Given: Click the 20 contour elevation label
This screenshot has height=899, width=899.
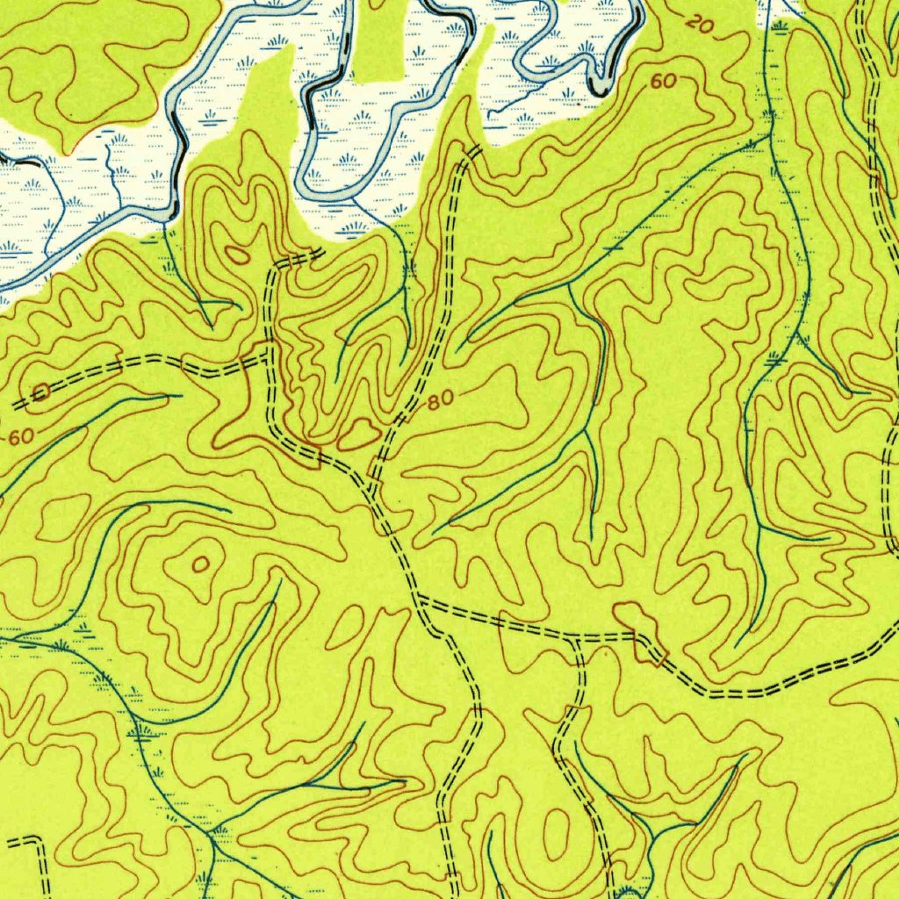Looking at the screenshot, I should [700, 24].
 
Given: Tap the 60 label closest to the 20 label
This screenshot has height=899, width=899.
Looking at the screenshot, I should [664, 82].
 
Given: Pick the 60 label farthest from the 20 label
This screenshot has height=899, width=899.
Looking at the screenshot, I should [22, 435].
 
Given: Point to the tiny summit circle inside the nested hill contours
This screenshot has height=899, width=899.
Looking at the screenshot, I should [201, 564].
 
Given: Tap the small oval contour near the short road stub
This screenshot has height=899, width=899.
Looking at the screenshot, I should [237, 255].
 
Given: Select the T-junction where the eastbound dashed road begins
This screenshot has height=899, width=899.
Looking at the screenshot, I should [418, 601].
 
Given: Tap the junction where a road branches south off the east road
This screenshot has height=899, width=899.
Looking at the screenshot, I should [577, 639].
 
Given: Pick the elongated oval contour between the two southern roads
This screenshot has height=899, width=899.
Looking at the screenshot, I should [556, 834].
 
